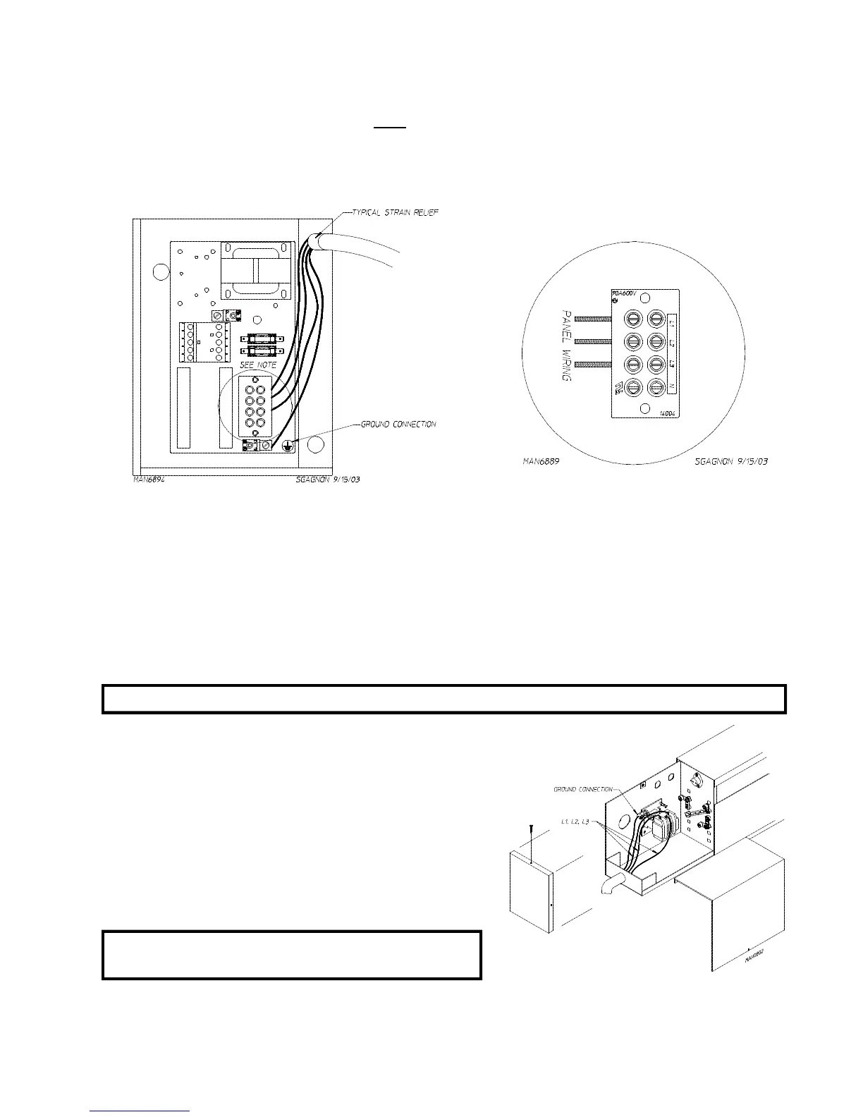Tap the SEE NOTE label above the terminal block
point(258,365)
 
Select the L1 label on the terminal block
point(672,323)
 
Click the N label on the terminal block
point(672,386)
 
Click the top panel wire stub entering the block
point(593,319)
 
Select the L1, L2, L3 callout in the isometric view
point(575,822)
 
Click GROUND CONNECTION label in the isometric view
point(584,790)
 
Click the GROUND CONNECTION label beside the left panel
point(398,425)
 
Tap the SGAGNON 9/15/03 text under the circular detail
point(730,460)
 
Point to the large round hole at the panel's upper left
point(161,271)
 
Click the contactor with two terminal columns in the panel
point(204,341)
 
